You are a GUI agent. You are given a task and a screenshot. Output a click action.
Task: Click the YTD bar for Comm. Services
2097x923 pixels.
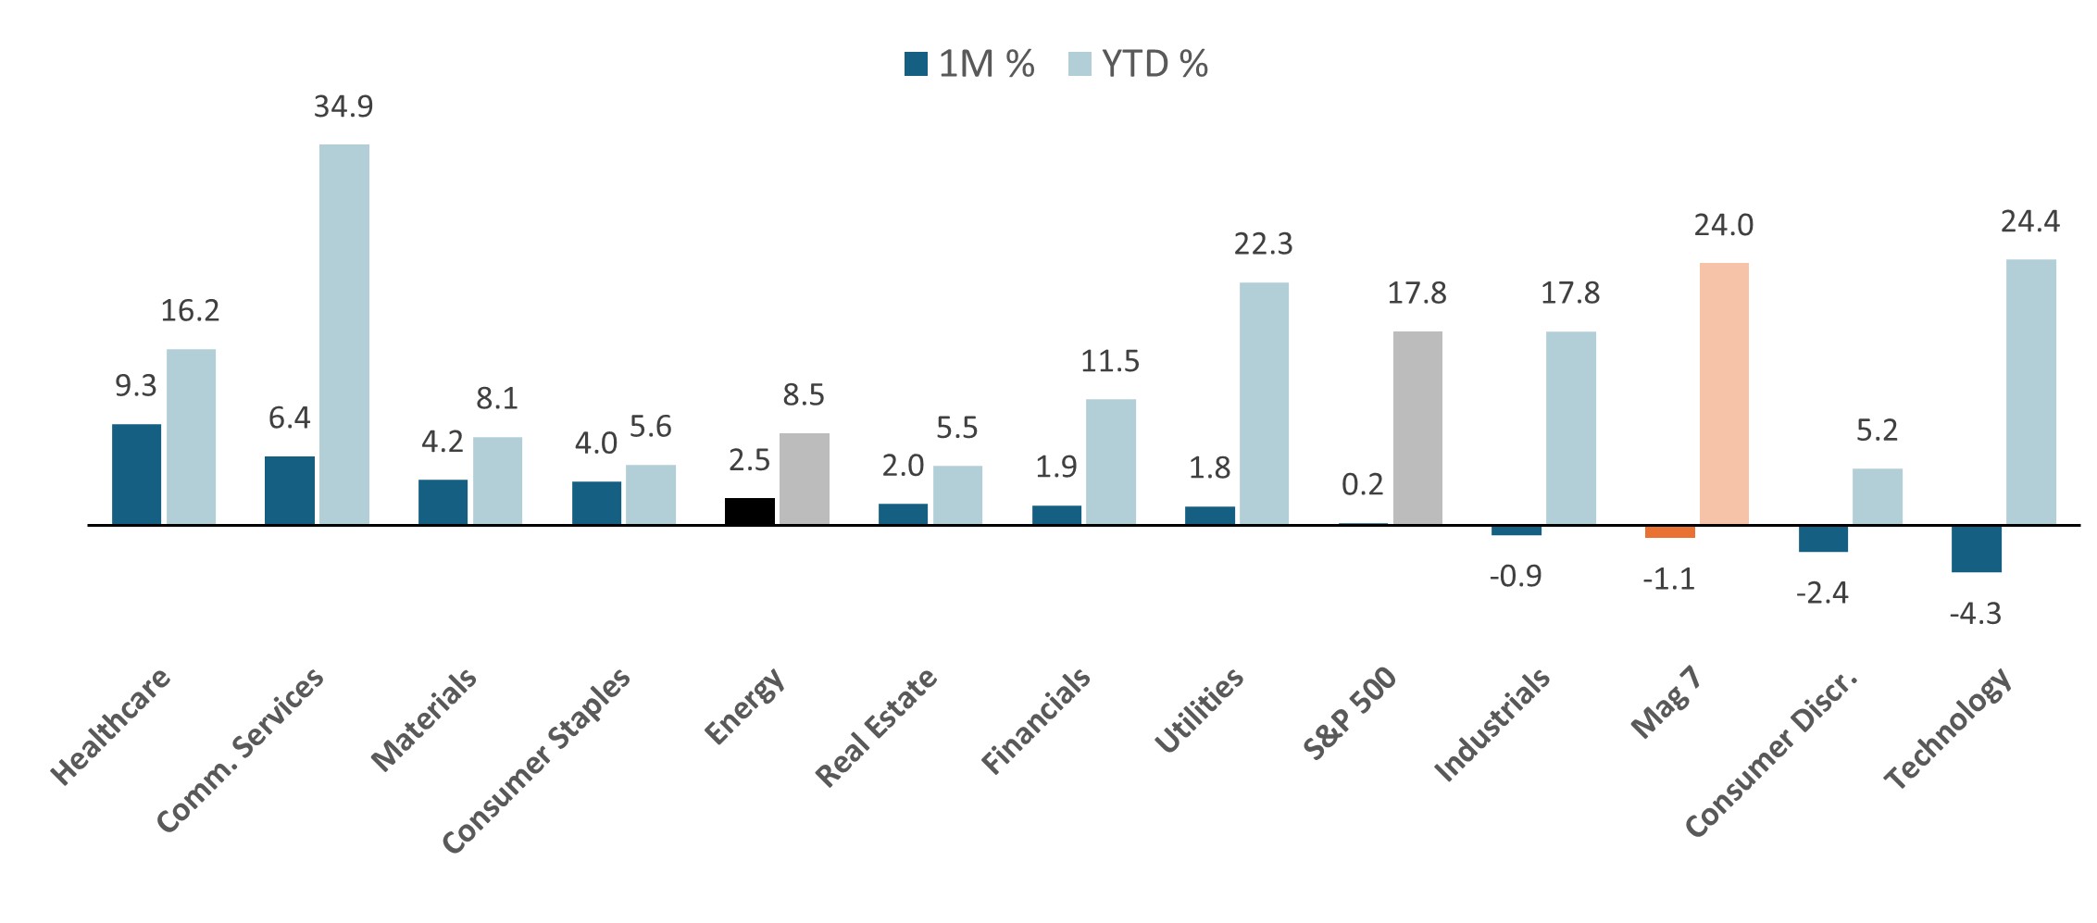coord(344,334)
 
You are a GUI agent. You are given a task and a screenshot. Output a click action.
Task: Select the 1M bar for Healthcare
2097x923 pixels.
coord(136,474)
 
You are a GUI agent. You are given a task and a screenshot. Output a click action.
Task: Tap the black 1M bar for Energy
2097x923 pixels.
coord(749,511)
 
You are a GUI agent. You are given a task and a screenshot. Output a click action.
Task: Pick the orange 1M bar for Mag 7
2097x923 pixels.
coord(1669,531)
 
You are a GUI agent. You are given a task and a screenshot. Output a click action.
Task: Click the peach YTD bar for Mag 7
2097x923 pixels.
coord(1724,393)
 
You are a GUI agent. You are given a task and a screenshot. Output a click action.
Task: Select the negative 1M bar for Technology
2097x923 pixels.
coord(1976,549)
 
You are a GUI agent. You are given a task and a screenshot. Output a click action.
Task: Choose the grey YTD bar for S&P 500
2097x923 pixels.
coord(1417,428)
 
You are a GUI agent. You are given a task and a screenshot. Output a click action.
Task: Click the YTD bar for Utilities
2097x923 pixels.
coord(1264,404)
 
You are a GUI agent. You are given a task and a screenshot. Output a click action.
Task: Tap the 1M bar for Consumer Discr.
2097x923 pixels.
coord(1822,539)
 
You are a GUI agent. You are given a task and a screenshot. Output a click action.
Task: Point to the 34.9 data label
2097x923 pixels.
coord(343,107)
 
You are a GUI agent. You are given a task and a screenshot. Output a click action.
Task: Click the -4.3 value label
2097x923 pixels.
coord(1975,614)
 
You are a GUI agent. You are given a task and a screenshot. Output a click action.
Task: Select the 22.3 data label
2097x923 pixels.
coord(1263,244)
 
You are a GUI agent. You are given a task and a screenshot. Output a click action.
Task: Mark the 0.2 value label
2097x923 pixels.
coord(1362,484)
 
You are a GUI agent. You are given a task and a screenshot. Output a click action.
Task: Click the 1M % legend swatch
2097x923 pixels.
coord(916,64)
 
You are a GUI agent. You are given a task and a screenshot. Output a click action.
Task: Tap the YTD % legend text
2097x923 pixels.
coord(1155,64)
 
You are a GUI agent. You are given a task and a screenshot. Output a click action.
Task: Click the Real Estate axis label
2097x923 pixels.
coord(876,729)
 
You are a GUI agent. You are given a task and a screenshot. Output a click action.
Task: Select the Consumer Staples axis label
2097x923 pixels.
coord(536,760)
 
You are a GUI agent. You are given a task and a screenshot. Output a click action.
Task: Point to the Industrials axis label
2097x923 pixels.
coord(1492,725)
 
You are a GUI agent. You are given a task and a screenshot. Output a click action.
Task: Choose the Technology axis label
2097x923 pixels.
coord(1948,729)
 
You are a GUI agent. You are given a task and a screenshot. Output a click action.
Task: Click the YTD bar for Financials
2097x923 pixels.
coord(1110,462)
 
